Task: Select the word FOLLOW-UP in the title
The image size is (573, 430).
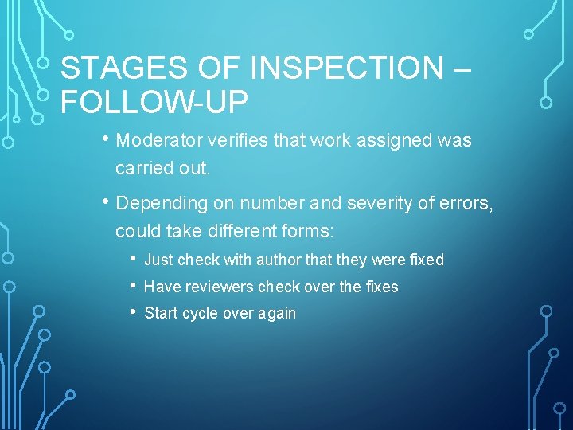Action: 154,102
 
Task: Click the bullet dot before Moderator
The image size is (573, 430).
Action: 106,139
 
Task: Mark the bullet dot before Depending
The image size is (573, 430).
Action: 106,202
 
